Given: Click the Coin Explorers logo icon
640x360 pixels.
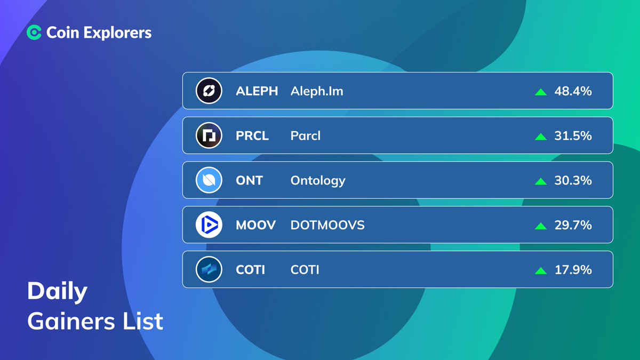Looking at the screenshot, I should click(34, 33).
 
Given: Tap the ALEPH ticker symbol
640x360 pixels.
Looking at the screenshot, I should click(257, 91).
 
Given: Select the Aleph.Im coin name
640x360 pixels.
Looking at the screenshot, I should click(317, 91).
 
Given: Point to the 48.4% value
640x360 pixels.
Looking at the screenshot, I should click(573, 91).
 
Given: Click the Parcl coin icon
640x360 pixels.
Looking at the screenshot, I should click(209, 136).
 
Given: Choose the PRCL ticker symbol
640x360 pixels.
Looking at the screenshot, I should click(252, 136).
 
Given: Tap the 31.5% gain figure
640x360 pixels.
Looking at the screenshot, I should click(573, 136).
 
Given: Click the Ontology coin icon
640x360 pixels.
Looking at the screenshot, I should click(209, 180).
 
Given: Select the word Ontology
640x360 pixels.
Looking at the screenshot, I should click(318, 181).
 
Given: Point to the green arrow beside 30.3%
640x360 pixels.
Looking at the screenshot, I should click(541, 181).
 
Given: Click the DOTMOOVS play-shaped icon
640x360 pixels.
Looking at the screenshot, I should click(209, 225).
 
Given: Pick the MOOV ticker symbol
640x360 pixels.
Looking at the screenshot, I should click(255, 225).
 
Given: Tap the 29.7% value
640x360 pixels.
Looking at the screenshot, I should click(573, 225).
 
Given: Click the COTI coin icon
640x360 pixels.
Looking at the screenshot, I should click(209, 270).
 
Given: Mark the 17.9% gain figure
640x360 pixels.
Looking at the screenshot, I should click(573, 270).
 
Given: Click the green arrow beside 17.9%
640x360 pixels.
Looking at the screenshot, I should click(541, 270).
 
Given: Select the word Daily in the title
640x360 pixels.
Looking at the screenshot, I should click(57, 292).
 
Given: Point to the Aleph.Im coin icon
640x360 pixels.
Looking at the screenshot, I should click(209, 91).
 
